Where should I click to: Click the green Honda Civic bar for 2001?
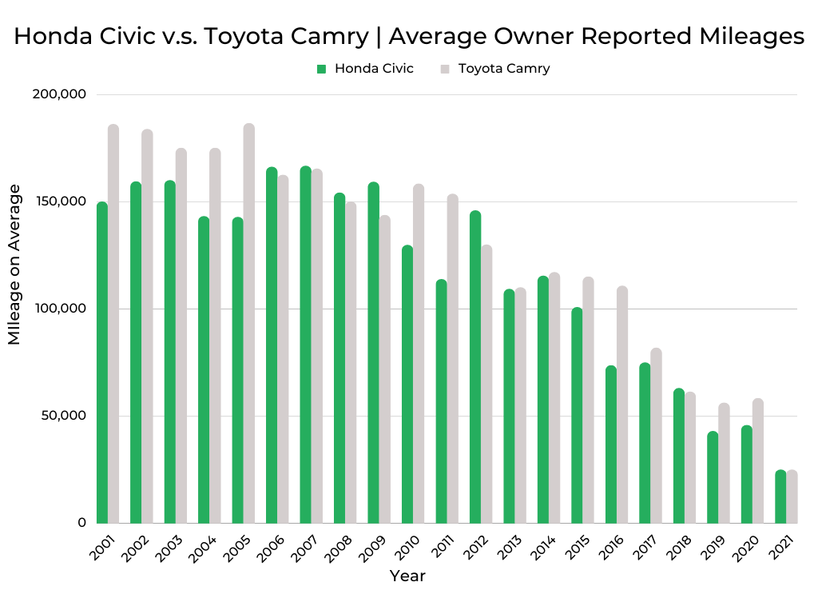tap(101, 364)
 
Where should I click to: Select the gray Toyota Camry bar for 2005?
tap(249, 324)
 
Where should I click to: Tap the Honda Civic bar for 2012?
tap(475, 368)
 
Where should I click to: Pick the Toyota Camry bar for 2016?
tap(622, 405)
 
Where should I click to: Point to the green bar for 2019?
tap(713, 478)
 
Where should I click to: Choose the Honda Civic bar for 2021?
tap(780, 497)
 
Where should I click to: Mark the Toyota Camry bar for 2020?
tap(758, 461)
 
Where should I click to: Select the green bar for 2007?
tap(306, 345)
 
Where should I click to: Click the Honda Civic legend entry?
tap(365, 69)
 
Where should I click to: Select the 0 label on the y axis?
tap(81, 523)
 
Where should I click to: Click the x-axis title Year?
tap(407, 576)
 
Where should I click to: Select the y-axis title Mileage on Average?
tap(14, 264)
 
